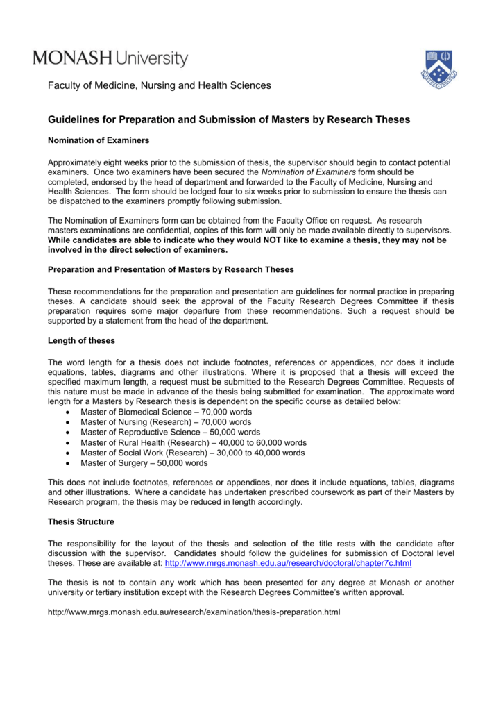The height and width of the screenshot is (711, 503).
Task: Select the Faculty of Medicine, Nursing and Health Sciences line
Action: [x=159, y=86]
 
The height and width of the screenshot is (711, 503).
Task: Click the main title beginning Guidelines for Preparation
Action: [x=228, y=120]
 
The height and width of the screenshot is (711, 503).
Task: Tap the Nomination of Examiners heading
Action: [x=98, y=140]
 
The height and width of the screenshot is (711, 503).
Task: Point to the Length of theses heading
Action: [x=81, y=340]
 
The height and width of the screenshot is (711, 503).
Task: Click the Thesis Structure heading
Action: [x=80, y=521]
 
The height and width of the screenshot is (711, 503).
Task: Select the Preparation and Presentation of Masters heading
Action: [x=171, y=269]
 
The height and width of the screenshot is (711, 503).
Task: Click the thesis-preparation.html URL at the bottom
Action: [x=194, y=612]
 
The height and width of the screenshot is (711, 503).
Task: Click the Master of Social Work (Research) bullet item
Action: [x=192, y=453]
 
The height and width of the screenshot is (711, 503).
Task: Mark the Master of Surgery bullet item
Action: [x=144, y=462]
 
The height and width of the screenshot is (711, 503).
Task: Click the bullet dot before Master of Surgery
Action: [x=66, y=463]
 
